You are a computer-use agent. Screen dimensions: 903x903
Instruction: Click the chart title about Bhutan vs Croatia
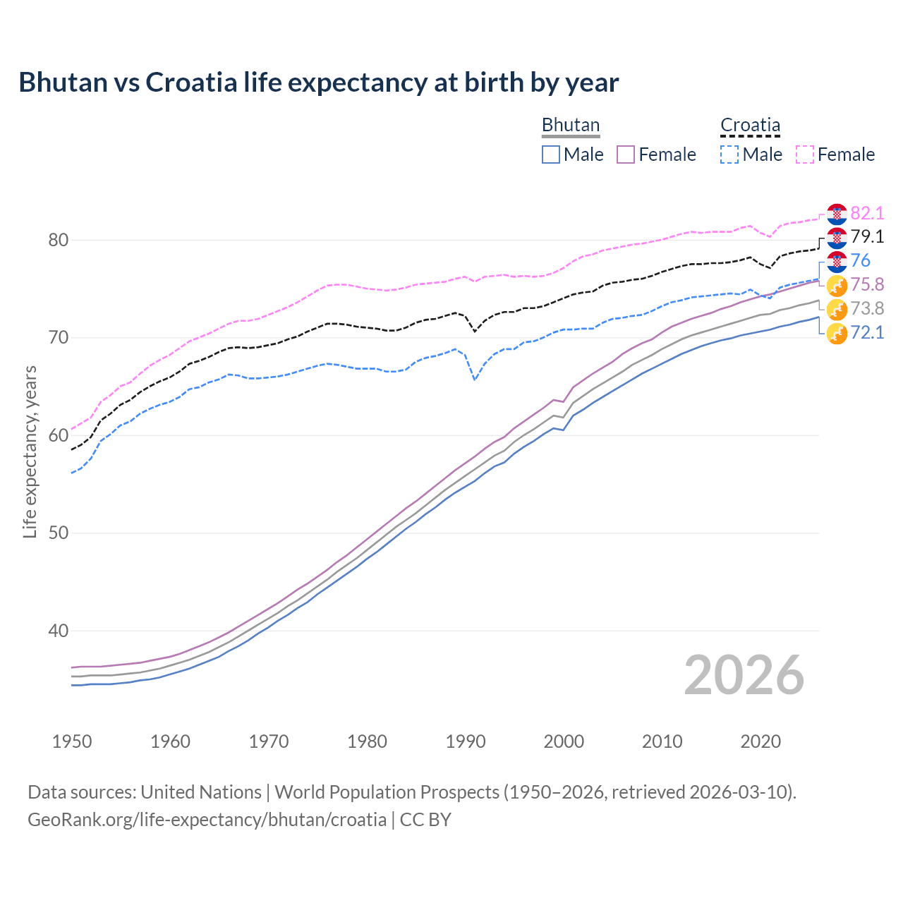pos(318,83)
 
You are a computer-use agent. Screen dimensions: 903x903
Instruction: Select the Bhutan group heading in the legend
pos(570,125)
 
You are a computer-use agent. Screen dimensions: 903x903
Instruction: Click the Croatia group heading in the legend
pos(750,125)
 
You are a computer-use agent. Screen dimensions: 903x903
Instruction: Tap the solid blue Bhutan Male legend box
pos(551,154)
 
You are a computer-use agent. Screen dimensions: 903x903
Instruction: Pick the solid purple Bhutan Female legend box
pos(626,154)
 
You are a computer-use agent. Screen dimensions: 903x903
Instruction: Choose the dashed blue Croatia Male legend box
pos(729,154)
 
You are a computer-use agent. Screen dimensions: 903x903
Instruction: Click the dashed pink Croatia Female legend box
pos(805,154)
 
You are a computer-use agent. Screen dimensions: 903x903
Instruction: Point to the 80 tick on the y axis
pos(59,241)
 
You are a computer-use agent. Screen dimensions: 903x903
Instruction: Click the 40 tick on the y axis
pos(59,631)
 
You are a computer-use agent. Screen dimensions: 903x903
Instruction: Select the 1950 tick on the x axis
pos(72,741)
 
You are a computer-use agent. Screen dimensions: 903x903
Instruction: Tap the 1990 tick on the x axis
pos(466,741)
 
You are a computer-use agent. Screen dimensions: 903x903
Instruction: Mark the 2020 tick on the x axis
pos(760,741)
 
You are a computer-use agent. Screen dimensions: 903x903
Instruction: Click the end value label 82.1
pos(867,213)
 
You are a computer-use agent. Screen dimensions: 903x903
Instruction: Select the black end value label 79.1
pos(867,236)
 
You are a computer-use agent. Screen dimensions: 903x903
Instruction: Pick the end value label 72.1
pos(867,332)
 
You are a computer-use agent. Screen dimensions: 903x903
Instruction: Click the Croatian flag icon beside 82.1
pos(837,214)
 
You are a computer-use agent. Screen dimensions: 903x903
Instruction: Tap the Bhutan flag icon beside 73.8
pos(837,309)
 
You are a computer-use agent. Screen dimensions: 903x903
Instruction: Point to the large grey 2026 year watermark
pos(744,675)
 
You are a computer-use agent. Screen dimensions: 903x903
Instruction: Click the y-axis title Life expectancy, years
pos(30,451)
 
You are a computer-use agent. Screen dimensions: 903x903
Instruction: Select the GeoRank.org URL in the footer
pos(207,820)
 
